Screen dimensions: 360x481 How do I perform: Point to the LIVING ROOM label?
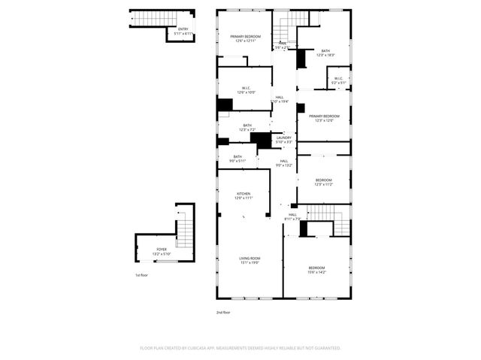(250, 260)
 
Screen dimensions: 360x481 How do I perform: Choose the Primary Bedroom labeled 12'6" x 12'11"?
(246, 38)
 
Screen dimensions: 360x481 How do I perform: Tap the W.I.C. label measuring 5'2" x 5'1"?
(337, 80)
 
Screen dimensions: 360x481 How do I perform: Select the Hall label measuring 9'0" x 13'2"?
(284, 183)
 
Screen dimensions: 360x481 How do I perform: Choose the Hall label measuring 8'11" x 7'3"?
(292, 216)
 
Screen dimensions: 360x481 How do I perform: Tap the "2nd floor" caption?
(223, 312)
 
